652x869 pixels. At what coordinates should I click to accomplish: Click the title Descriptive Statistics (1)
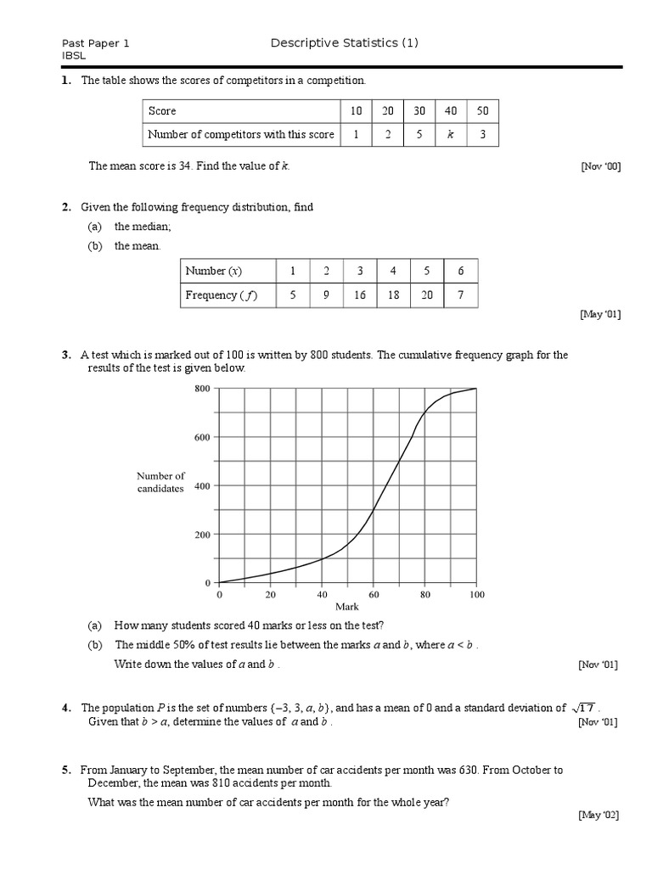(344, 43)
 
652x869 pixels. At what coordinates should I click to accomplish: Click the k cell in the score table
(450, 134)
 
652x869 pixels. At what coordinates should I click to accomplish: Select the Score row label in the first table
(162, 111)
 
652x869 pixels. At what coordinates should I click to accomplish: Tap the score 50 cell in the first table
(483, 111)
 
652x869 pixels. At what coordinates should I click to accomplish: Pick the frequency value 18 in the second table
(393, 295)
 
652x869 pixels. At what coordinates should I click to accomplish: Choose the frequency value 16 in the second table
(360, 295)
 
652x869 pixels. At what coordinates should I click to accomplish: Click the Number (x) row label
(214, 272)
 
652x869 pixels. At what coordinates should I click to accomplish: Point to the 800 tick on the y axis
(202, 389)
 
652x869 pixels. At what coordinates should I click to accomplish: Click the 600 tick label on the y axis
(202, 437)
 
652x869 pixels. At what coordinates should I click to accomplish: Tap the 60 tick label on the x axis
(374, 595)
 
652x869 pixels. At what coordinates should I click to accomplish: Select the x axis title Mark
(347, 607)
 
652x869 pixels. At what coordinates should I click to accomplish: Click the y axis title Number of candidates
(160, 482)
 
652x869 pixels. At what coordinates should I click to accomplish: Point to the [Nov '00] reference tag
(600, 167)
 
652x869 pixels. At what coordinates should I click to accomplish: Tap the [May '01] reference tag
(599, 315)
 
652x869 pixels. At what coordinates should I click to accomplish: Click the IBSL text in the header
(74, 55)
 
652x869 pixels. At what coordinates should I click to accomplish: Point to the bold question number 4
(65, 708)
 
